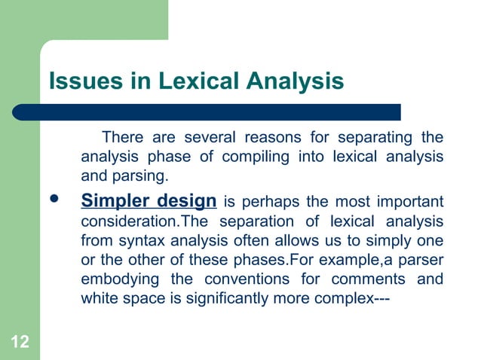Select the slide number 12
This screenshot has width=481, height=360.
click(x=20, y=343)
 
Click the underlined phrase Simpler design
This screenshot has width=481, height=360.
click(x=149, y=202)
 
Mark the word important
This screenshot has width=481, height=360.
click(x=407, y=203)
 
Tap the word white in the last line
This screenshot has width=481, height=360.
click(x=98, y=299)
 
